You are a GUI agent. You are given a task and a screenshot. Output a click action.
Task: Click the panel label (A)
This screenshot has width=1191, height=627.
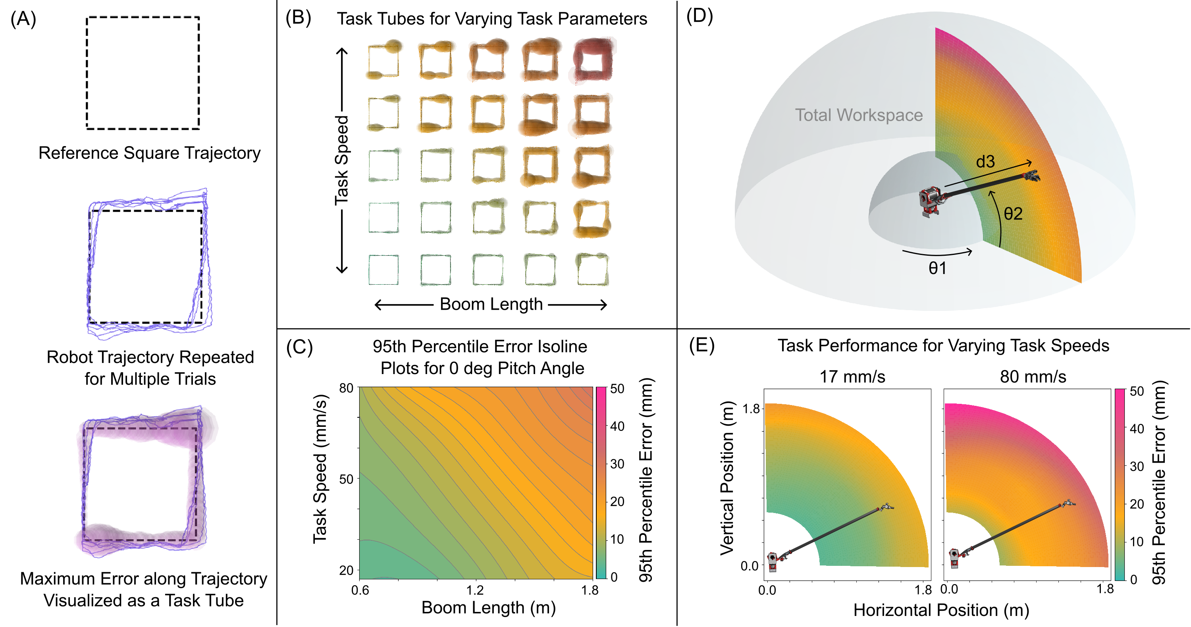23,19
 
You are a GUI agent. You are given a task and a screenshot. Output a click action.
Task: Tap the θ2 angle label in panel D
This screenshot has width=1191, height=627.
1012,214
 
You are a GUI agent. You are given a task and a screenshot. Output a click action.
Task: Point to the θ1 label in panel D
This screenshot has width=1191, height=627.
938,268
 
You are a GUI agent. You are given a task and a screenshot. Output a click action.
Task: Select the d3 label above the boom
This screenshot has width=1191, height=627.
985,162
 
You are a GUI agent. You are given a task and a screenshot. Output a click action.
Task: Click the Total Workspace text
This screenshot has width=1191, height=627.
859,115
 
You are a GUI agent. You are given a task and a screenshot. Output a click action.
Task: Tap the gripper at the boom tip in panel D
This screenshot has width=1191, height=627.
1032,176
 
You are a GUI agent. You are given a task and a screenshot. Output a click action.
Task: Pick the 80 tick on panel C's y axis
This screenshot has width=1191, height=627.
346,388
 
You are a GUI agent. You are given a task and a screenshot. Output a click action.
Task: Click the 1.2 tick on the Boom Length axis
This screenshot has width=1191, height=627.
475,590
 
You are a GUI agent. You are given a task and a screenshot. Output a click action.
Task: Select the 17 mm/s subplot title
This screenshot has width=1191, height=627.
852,377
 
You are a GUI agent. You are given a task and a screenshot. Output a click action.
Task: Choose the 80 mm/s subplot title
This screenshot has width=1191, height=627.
1033,377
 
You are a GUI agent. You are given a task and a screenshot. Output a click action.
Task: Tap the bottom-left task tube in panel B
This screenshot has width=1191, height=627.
383,270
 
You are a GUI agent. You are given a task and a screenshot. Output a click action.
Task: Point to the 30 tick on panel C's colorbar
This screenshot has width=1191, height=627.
617,464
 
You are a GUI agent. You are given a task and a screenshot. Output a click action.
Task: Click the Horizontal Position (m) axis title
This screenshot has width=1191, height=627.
941,610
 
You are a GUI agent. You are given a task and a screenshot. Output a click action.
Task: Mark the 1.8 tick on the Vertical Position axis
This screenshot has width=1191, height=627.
750,409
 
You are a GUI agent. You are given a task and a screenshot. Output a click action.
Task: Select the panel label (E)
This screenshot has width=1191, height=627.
701,346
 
